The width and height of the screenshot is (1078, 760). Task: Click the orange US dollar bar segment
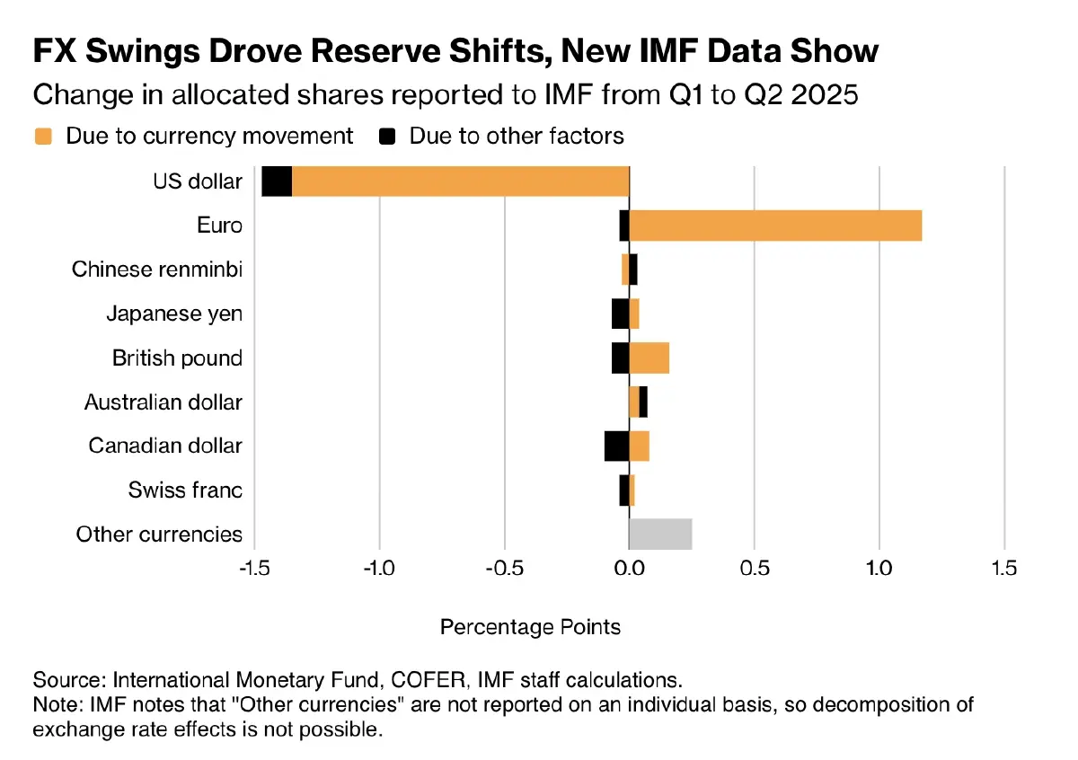[x=460, y=181]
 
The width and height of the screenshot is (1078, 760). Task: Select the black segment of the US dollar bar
[x=277, y=181]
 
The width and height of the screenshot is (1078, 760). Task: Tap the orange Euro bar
[x=775, y=225]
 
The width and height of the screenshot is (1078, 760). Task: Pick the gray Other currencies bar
[x=660, y=534]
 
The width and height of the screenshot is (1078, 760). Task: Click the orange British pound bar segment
[x=649, y=358]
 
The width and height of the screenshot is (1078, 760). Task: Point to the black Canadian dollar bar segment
[x=616, y=446]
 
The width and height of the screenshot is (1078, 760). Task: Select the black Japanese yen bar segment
[x=620, y=314]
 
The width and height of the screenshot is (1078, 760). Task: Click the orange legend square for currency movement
[x=43, y=137]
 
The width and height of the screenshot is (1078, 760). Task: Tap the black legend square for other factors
[x=387, y=137]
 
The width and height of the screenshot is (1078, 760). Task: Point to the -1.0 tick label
[x=379, y=568]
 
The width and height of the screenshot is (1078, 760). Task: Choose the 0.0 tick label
[x=629, y=568]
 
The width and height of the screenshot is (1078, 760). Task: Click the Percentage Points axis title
[x=530, y=626]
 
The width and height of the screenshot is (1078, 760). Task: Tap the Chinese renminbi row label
[x=157, y=270]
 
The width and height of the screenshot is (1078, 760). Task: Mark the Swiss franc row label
[x=185, y=490]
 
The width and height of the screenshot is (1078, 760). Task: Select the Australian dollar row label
[x=163, y=402]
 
